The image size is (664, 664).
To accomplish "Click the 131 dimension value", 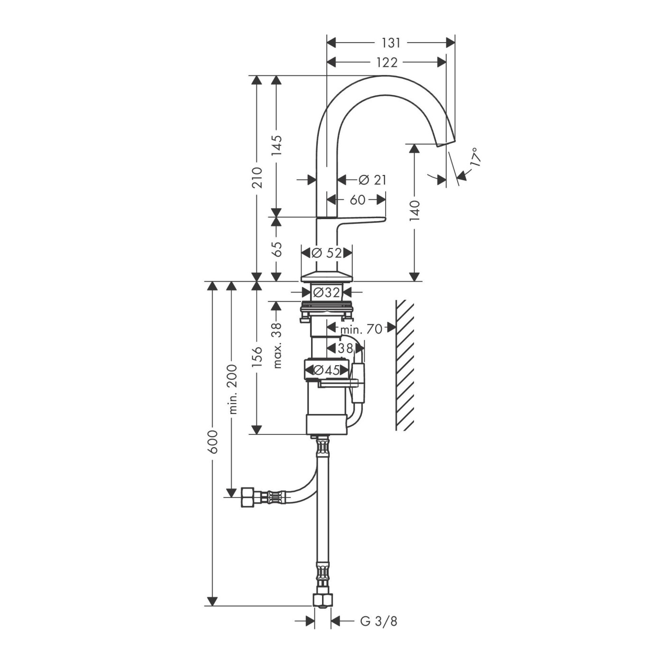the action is tap(391, 43).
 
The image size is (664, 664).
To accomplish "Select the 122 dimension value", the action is tap(387, 62).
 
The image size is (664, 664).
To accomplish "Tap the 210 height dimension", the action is tap(257, 178).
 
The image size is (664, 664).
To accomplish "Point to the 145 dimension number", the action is tap(277, 145).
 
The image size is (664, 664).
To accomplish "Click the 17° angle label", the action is tap(474, 157).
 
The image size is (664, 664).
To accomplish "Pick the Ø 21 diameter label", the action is tap(372, 180).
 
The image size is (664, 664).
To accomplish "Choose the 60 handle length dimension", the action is tap(357, 200).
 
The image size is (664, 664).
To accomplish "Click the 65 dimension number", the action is tap(277, 249).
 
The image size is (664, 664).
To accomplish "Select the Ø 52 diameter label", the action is tap(326, 253).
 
